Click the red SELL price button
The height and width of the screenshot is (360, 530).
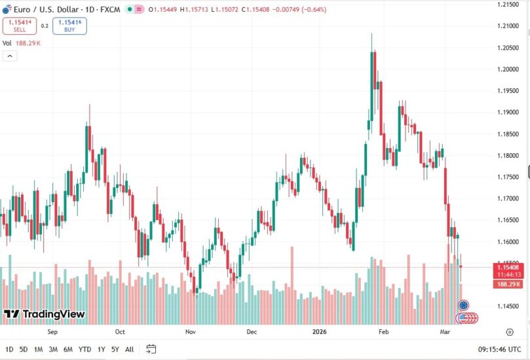[x=19, y=26]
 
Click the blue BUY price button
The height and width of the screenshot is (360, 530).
[x=69, y=26]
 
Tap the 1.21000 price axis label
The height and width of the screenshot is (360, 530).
[x=508, y=26]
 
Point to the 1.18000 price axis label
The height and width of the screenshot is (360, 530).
[x=508, y=156]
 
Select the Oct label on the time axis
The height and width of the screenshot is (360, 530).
[x=120, y=332]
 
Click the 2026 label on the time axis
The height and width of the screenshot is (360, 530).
[x=318, y=332]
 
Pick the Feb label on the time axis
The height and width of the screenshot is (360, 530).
[x=384, y=332]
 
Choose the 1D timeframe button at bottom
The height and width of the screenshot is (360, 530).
[x=9, y=349]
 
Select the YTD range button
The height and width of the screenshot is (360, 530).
[x=85, y=349]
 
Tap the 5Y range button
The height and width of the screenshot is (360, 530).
[x=115, y=349]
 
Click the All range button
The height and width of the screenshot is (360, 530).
[x=130, y=349]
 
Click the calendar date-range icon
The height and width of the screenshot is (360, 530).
[x=151, y=349]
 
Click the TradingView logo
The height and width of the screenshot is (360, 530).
[x=45, y=314]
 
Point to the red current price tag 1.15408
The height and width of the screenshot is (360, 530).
[x=508, y=267]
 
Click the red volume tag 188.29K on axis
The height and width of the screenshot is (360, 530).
[x=508, y=284]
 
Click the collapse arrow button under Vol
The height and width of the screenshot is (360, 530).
[x=10, y=56]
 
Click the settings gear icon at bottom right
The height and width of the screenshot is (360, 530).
[x=509, y=332]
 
